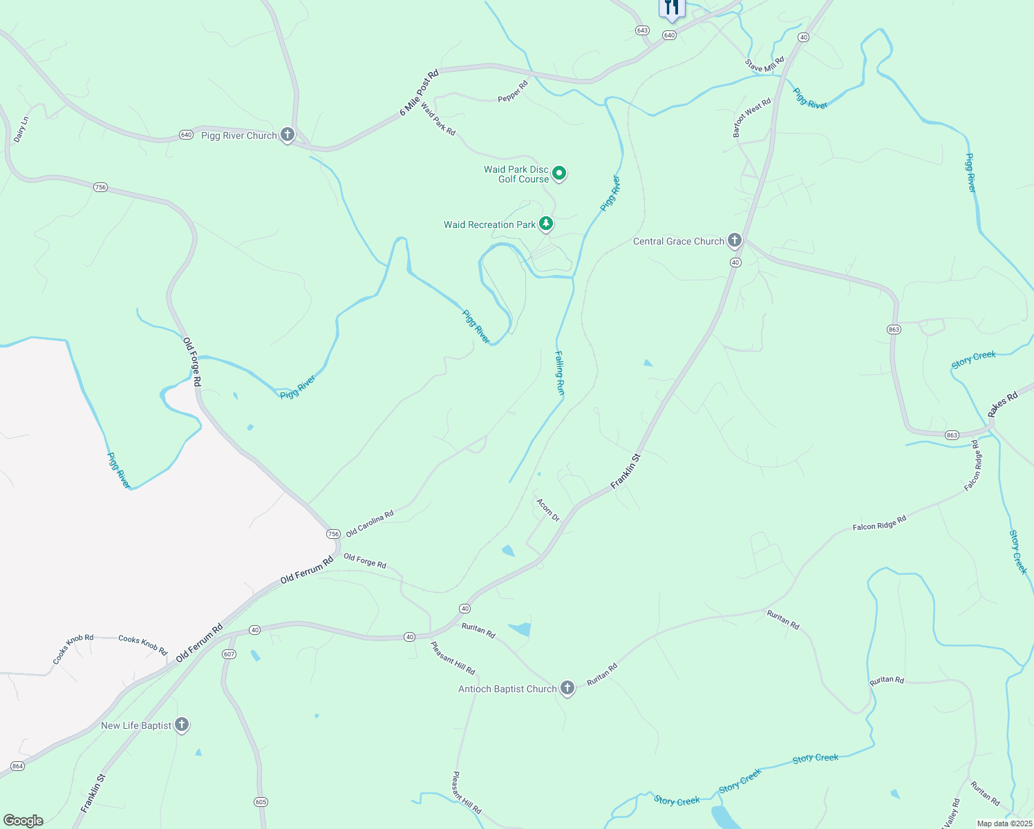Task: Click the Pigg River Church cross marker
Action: (288, 135)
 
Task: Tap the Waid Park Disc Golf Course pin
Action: (560, 173)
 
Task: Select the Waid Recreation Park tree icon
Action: (546, 224)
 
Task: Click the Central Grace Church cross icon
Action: (735, 240)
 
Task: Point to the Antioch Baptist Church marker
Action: (567, 688)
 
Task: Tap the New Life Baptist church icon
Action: (181, 725)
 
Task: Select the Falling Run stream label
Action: (560, 373)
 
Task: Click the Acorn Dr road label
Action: (548, 510)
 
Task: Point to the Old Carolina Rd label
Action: (370, 523)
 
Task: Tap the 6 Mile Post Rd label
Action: (419, 93)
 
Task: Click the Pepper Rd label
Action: (513, 92)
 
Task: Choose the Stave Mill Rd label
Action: (765, 64)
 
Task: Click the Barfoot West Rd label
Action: (751, 117)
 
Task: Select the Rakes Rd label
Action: (1002, 403)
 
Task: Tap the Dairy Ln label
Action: (21, 130)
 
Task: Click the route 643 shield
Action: (643, 30)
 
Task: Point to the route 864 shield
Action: (18, 766)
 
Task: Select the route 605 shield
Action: (261, 802)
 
